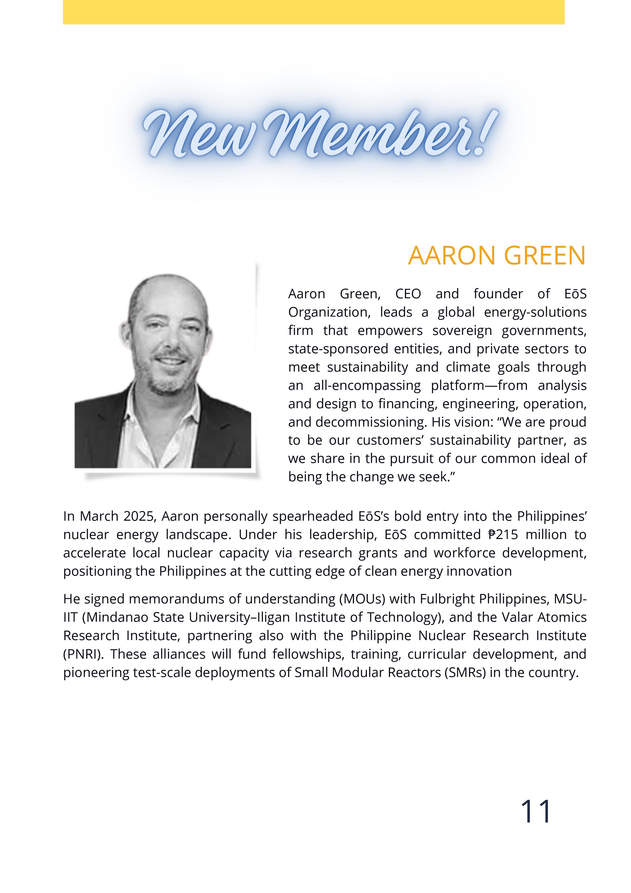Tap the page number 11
click(535, 811)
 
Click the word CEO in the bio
click(408, 294)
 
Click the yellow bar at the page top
click(313, 12)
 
